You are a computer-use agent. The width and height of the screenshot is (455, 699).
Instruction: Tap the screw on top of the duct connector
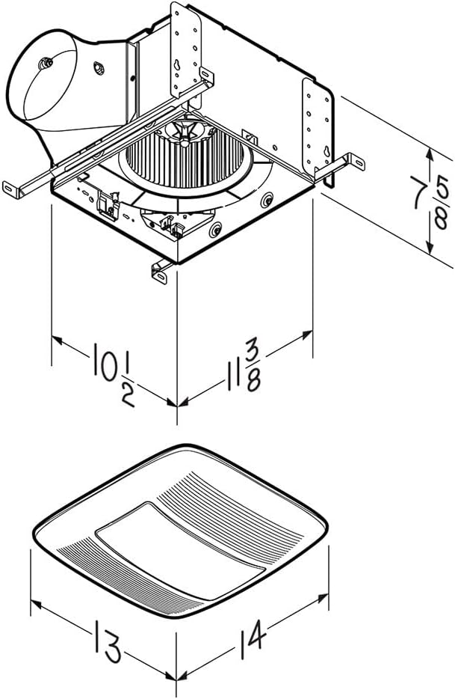(x=47, y=63)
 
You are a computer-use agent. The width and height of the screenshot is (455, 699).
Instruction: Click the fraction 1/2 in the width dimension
(x=127, y=386)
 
